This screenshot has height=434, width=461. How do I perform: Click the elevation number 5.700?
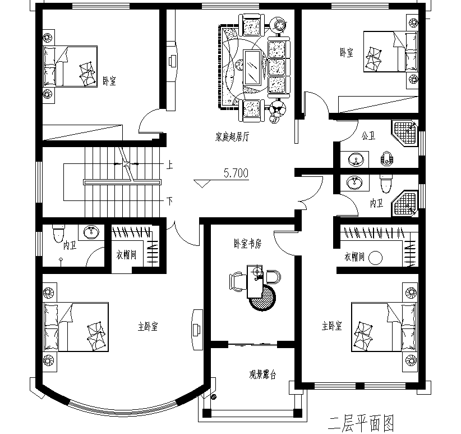[236, 173]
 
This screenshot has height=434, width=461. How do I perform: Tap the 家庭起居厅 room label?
[232, 137]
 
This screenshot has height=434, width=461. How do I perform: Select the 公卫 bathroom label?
[368, 136]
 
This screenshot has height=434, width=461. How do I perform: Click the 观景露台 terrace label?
[262, 374]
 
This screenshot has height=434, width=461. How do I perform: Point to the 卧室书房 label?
[247, 244]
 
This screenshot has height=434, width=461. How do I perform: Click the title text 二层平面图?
[361, 424]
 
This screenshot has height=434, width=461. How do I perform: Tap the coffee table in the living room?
[252, 67]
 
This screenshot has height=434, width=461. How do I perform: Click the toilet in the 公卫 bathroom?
[386, 158]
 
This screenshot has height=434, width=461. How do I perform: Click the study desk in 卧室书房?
[254, 281]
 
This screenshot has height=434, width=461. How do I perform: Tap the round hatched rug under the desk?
[262, 298]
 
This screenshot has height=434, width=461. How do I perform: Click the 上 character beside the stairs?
[169, 165]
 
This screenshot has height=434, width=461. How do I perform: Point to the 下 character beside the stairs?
[169, 202]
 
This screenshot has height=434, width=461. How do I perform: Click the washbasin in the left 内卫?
[91, 232]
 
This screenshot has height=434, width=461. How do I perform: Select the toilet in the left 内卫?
[58, 234]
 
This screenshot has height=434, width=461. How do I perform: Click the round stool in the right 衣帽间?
[375, 258]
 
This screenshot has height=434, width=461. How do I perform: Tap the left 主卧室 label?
[147, 326]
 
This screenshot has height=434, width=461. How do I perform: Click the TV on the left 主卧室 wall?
[197, 329]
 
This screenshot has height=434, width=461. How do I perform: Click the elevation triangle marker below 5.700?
[202, 184]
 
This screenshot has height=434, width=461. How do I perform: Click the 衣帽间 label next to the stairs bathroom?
[126, 255]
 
